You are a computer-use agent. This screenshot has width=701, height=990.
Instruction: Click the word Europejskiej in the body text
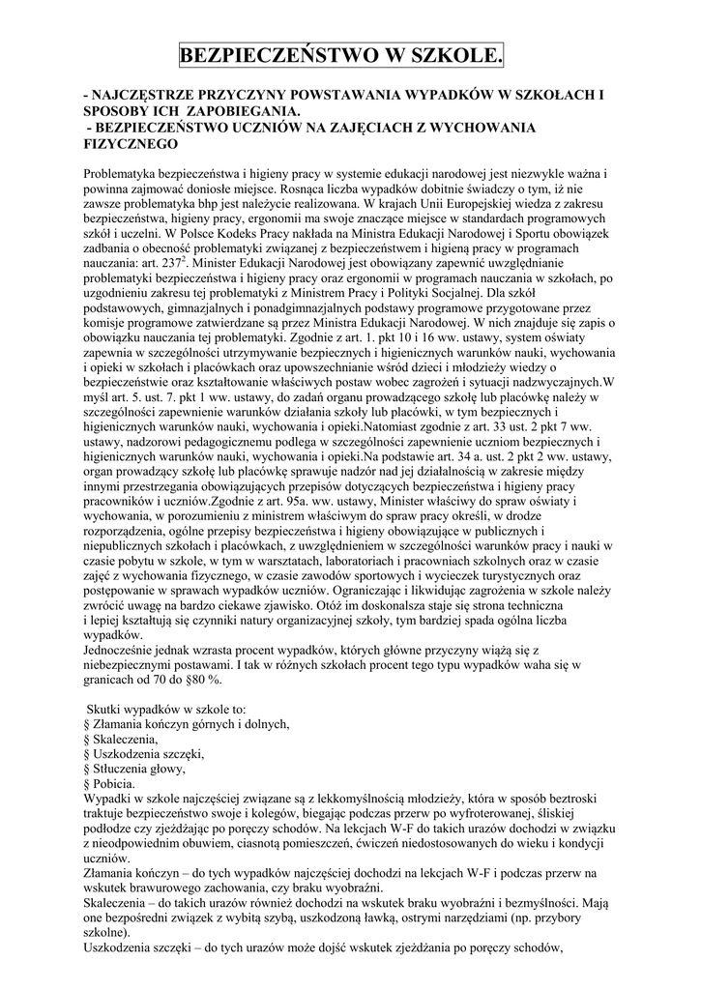(x=453, y=219)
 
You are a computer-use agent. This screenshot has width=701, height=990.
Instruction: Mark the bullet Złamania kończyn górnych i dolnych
(x=190, y=725)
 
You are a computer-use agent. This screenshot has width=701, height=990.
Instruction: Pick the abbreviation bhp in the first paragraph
(x=210, y=206)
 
